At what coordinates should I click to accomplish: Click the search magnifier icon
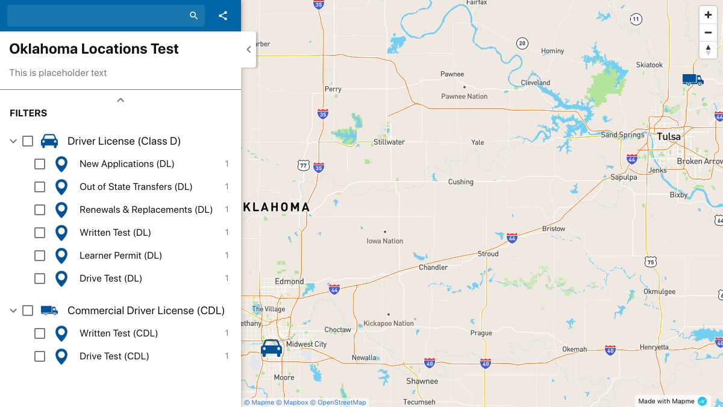[x=193, y=16]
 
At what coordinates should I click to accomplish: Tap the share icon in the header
[x=223, y=16]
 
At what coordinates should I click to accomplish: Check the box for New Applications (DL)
[x=40, y=164]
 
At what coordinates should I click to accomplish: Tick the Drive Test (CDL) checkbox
[x=40, y=356]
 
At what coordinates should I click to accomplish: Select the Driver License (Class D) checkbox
[x=28, y=141]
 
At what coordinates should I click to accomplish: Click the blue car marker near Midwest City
[x=271, y=348]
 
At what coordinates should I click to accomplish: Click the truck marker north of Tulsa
[x=692, y=79]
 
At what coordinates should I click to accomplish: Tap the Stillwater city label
[x=389, y=142]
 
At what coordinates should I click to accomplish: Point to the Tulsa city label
[x=668, y=137]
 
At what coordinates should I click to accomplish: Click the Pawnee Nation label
[x=464, y=96]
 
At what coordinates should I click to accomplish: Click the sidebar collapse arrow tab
[x=249, y=49]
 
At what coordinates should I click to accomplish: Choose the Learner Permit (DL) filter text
[x=120, y=256]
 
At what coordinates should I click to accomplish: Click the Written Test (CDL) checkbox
[x=40, y=333]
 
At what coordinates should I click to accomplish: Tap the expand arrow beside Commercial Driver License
[x=13, y=311]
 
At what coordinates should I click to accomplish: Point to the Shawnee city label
[x=422, y=381]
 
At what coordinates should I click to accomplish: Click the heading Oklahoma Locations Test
[x=94, y=49]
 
